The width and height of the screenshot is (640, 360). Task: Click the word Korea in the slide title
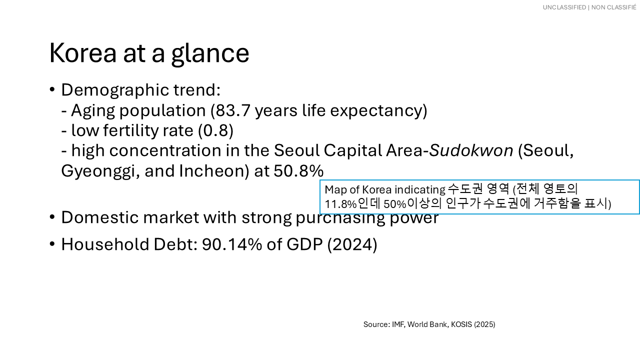pos(83,53)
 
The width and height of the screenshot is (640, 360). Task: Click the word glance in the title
pos(210,54)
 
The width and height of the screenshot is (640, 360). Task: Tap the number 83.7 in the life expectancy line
pos(233,110)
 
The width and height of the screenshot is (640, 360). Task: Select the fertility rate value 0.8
pos(215,130)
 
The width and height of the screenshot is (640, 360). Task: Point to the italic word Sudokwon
pos(471,150)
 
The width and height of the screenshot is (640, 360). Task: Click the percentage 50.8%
pos(298,171)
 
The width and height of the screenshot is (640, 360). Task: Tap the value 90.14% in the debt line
pos(231,244)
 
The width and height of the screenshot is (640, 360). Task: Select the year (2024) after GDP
pos(352,244)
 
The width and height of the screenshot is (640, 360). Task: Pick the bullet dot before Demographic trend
pos(52,89)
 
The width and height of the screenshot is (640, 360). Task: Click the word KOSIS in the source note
pos(461,324)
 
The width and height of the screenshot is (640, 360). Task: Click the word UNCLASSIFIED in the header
pos(564,7)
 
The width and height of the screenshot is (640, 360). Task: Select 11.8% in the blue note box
pos(340,204)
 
